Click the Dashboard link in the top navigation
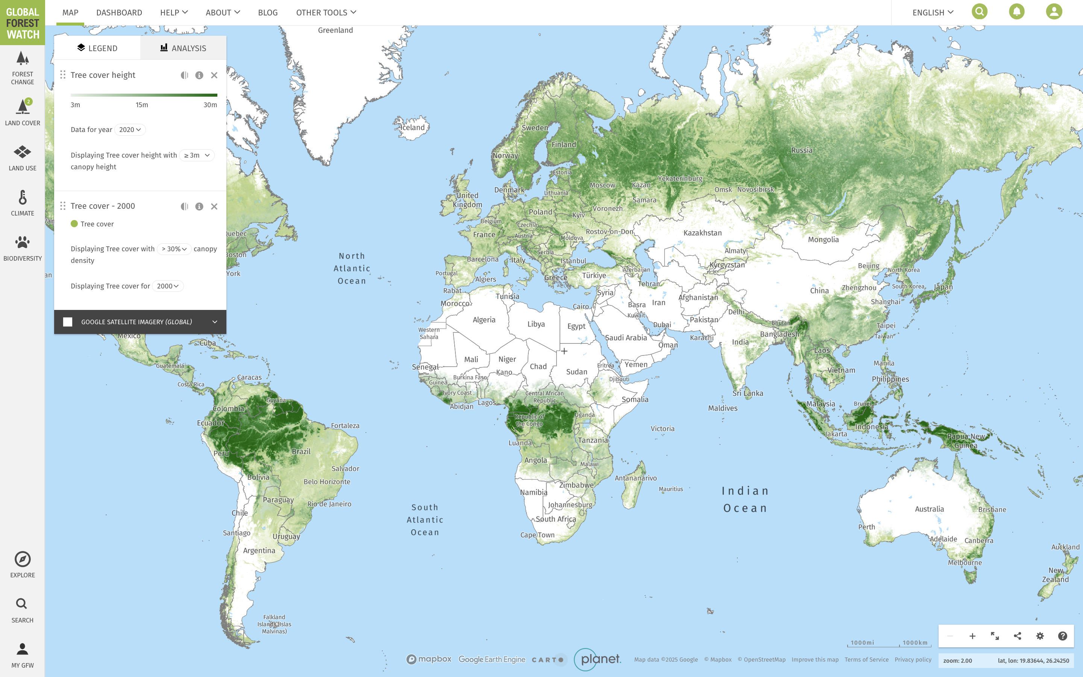pos(119,12)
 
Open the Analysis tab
pos(183,48)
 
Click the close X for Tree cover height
pos(214,75)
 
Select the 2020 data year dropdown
pos(130,129)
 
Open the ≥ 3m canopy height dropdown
pos(197,155)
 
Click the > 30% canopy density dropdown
pos(174,249)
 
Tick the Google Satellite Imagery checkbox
pos(68,322)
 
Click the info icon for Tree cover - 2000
pos(199,206)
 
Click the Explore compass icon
pos(23,559)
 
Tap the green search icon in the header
pos(979,12)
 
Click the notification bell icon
pos(1016,12)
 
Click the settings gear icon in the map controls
pos(1040,636)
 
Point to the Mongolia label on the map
pos(823,240)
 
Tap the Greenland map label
pos(335,30)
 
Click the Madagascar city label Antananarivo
pos(636,478)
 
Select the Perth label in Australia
pos(866,527)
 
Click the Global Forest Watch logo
pos(23,23)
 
